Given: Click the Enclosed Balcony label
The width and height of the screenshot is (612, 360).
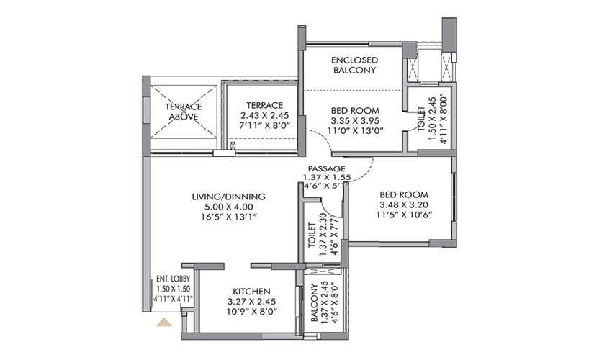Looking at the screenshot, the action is [x=354, y=66].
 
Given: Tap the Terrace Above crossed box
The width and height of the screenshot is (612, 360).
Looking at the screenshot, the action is [x=184, y=112].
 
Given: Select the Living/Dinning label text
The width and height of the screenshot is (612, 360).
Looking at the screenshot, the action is [x=229, y=197].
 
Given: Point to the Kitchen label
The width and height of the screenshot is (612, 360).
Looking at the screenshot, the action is [x=252, y=292].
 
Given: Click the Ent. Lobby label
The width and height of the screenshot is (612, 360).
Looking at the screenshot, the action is [x=174, y=279].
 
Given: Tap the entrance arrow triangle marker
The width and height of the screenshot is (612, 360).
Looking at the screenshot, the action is [x=164, y=322].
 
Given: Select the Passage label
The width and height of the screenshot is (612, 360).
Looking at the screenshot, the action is [x=327, y=168].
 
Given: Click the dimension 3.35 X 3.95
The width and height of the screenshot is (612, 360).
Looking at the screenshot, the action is [x=355, y=121].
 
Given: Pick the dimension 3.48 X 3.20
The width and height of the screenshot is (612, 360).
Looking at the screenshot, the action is [x=404, y=204].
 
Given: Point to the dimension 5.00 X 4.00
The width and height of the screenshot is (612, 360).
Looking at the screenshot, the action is [x=229, y=207].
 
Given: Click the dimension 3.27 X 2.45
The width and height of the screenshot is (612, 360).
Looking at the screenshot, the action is [x=252, y=302].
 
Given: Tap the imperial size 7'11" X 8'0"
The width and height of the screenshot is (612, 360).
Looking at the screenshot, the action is [x=265, y=125].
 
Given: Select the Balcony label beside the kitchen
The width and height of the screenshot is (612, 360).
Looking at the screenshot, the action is [x=315, y=302].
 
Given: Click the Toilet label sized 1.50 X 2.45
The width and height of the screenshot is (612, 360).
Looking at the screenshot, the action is [x=421, y=119].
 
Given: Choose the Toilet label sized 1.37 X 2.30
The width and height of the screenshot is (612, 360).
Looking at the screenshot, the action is [x=312, y=235].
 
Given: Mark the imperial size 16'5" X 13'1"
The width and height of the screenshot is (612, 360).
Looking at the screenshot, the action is [x=229, y=217].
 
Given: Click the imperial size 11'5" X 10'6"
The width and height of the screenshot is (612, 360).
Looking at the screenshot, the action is [x=404, y=215].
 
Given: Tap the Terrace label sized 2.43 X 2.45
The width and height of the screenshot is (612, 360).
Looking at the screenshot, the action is [x=265, y=105].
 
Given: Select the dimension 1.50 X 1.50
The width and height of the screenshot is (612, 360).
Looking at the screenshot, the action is [x=174, y=289].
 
